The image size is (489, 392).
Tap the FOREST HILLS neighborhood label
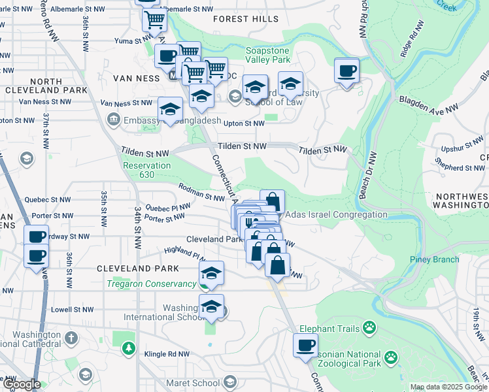click(x=246, y=19)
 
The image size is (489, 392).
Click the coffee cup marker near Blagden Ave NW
click(x=346, y=70)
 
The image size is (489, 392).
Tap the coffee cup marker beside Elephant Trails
click(x=305, y=346)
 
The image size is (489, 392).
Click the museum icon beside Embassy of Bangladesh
click(x=112, y=119)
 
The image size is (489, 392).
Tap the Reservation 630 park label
click(x=146, y=170)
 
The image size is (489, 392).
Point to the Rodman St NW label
click(x=203, y=193)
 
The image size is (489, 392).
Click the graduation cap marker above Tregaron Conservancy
click(x=211, y=273)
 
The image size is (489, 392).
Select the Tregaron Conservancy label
click(x=152, y=284)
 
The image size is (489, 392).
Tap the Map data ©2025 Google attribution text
click(x=448, y=387)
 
